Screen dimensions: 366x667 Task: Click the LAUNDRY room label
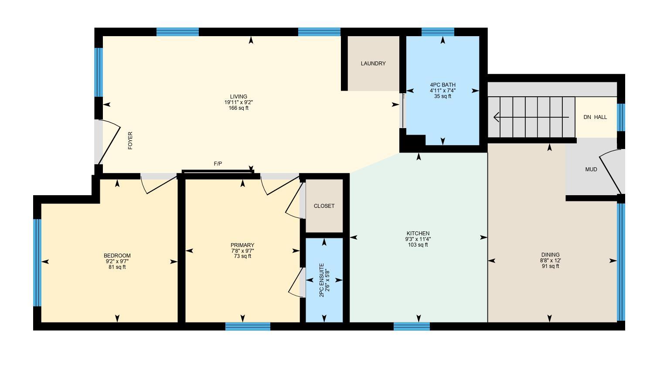pyautogui.click(x=373, y=64)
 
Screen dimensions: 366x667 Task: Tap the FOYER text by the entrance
pyautogui.click(x=130, y=141)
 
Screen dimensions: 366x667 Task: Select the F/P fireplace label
pyautogui.click(x=218, y=164)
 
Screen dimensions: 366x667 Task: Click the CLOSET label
pyautogui.click(x=324, y=206)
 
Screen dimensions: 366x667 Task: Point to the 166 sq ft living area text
pyautogui.click(x=238, y=108)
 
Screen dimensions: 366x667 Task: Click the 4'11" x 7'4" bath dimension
pyautogui.click(x=442, y=91)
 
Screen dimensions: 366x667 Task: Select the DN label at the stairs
pyautogui.click(x=587, y=117)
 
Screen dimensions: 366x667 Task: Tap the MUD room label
pyautogui.click(x=591, y=169)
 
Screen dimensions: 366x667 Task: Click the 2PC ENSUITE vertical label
pyautogui.click(x=322, y=280)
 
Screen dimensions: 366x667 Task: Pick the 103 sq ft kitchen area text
pyautogui.click(x=418, y=245)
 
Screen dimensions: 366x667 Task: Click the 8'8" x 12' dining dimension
pyautogui.click(x=550, y=261)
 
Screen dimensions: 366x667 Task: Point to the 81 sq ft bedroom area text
pyautogui.click(x=117, y=267)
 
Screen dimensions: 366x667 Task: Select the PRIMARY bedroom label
pyautogui.click(x=242, y=245)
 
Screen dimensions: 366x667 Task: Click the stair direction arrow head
pyautogui.click(x=497, y=117)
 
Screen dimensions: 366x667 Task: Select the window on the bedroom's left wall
pyautogui.click(x=37, y=263)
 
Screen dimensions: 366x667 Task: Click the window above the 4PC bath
pyautogui.click(x=438, y=32)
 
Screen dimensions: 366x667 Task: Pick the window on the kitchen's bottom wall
pyautogui.click(x=412, y=326)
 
